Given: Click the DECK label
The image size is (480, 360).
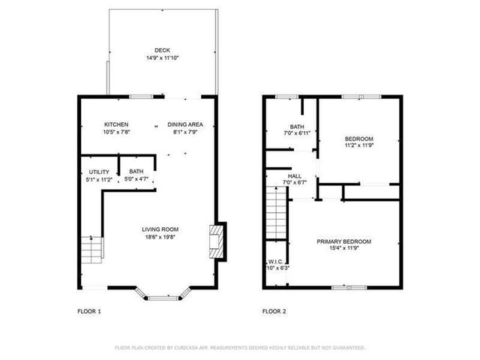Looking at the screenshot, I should pyautogui.click(x=162, y=50).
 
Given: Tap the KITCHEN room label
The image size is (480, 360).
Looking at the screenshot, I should pyautogui.click(x=116, y=124).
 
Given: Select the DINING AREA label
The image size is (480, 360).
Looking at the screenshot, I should pyautogui.click(x=185, y=124).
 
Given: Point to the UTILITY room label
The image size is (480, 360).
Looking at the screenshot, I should pyautogui.click(x=100, y=172).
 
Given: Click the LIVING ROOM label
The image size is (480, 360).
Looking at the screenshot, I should pyautogui.click(x=160, y=229).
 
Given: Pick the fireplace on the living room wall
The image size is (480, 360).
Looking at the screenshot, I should pyautogui.click(x=217, y=241).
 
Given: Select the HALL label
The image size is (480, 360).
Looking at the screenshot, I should pyautogui.click(x=294, y=175).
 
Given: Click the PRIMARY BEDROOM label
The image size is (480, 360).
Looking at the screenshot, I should pyautogui.click(x=343, y=241).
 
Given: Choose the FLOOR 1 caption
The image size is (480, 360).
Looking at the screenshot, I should pyautogui.click(x=88, y=311).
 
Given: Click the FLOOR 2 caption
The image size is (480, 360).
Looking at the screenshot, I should pyautogui.click(x=274, y=311).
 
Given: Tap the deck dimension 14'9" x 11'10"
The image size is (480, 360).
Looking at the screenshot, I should pyautogui.click(x=162, y=58).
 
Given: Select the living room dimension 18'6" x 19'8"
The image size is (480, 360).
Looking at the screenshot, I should pyautogui.click(x=160, y=237).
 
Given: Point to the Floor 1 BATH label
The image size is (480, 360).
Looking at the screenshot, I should pyautogui.click(x=136, y=172).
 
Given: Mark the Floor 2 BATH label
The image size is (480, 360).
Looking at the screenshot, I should pyautogui.click(x=297, y=126).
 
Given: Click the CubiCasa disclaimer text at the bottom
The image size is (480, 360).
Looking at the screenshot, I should pyautogui.click(x=239, y=348).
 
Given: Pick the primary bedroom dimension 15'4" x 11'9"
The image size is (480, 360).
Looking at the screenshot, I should pyautogui.click(x=343, y=249).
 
